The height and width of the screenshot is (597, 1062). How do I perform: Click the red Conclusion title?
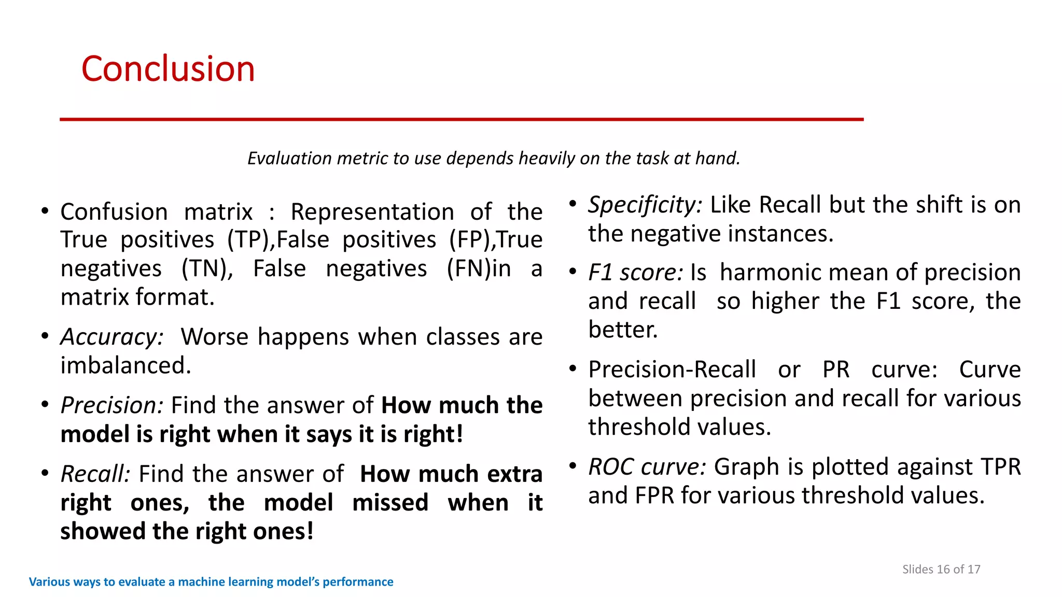tap(168, 69)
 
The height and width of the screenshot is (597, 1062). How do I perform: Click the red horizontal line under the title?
tap(462, 119)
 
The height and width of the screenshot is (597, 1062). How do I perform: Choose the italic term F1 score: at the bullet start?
tap(636, 273)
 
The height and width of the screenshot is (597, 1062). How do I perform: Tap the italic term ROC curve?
tap(647, 467)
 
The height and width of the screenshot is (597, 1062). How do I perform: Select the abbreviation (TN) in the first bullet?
tap(207, 269)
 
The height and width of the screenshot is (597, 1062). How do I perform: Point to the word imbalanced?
tap(126, 366)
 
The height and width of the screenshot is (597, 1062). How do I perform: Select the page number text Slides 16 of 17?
tap(941, 570)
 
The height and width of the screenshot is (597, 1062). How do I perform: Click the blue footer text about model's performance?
tap(211, 582)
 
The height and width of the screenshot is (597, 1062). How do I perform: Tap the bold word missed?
tap(390, 503)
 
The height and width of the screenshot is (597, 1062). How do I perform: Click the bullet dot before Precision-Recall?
tap(572, 369)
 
